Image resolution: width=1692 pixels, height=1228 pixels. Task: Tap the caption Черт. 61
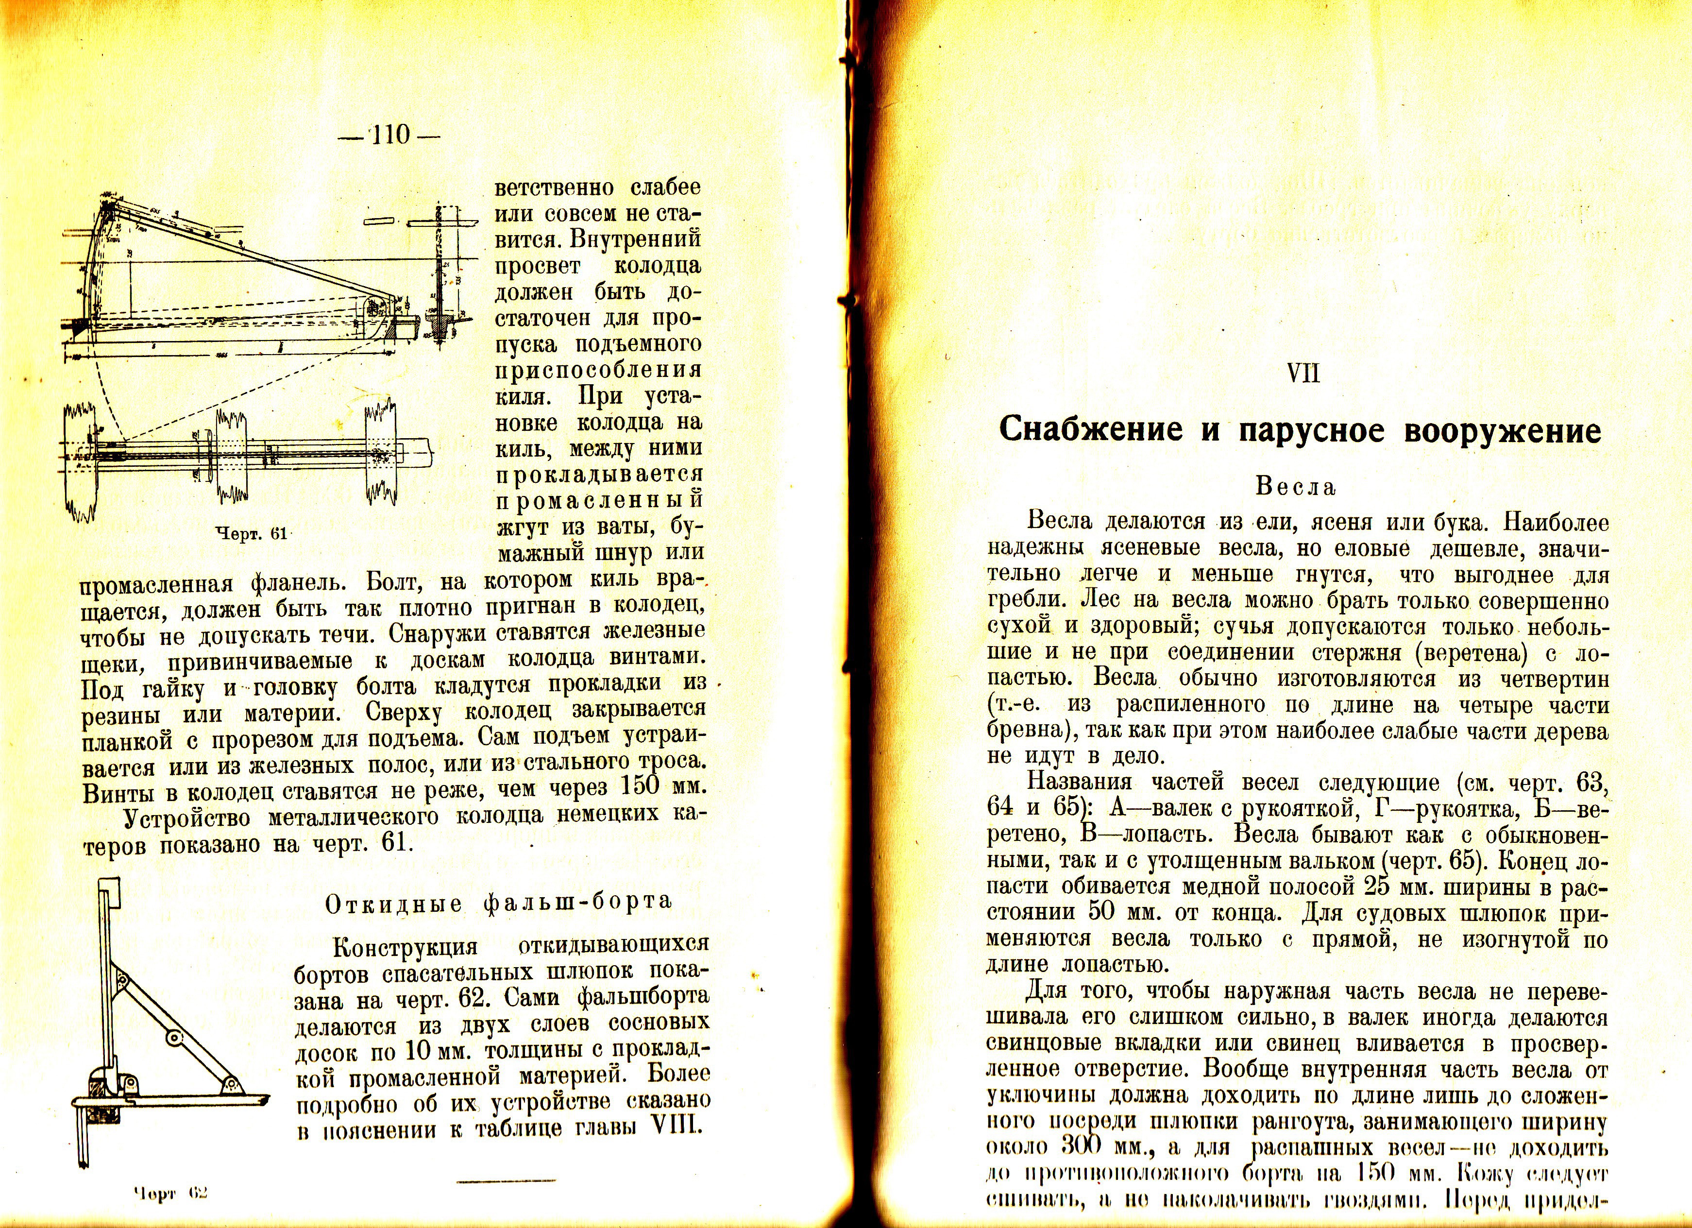(x=251, y=533)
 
